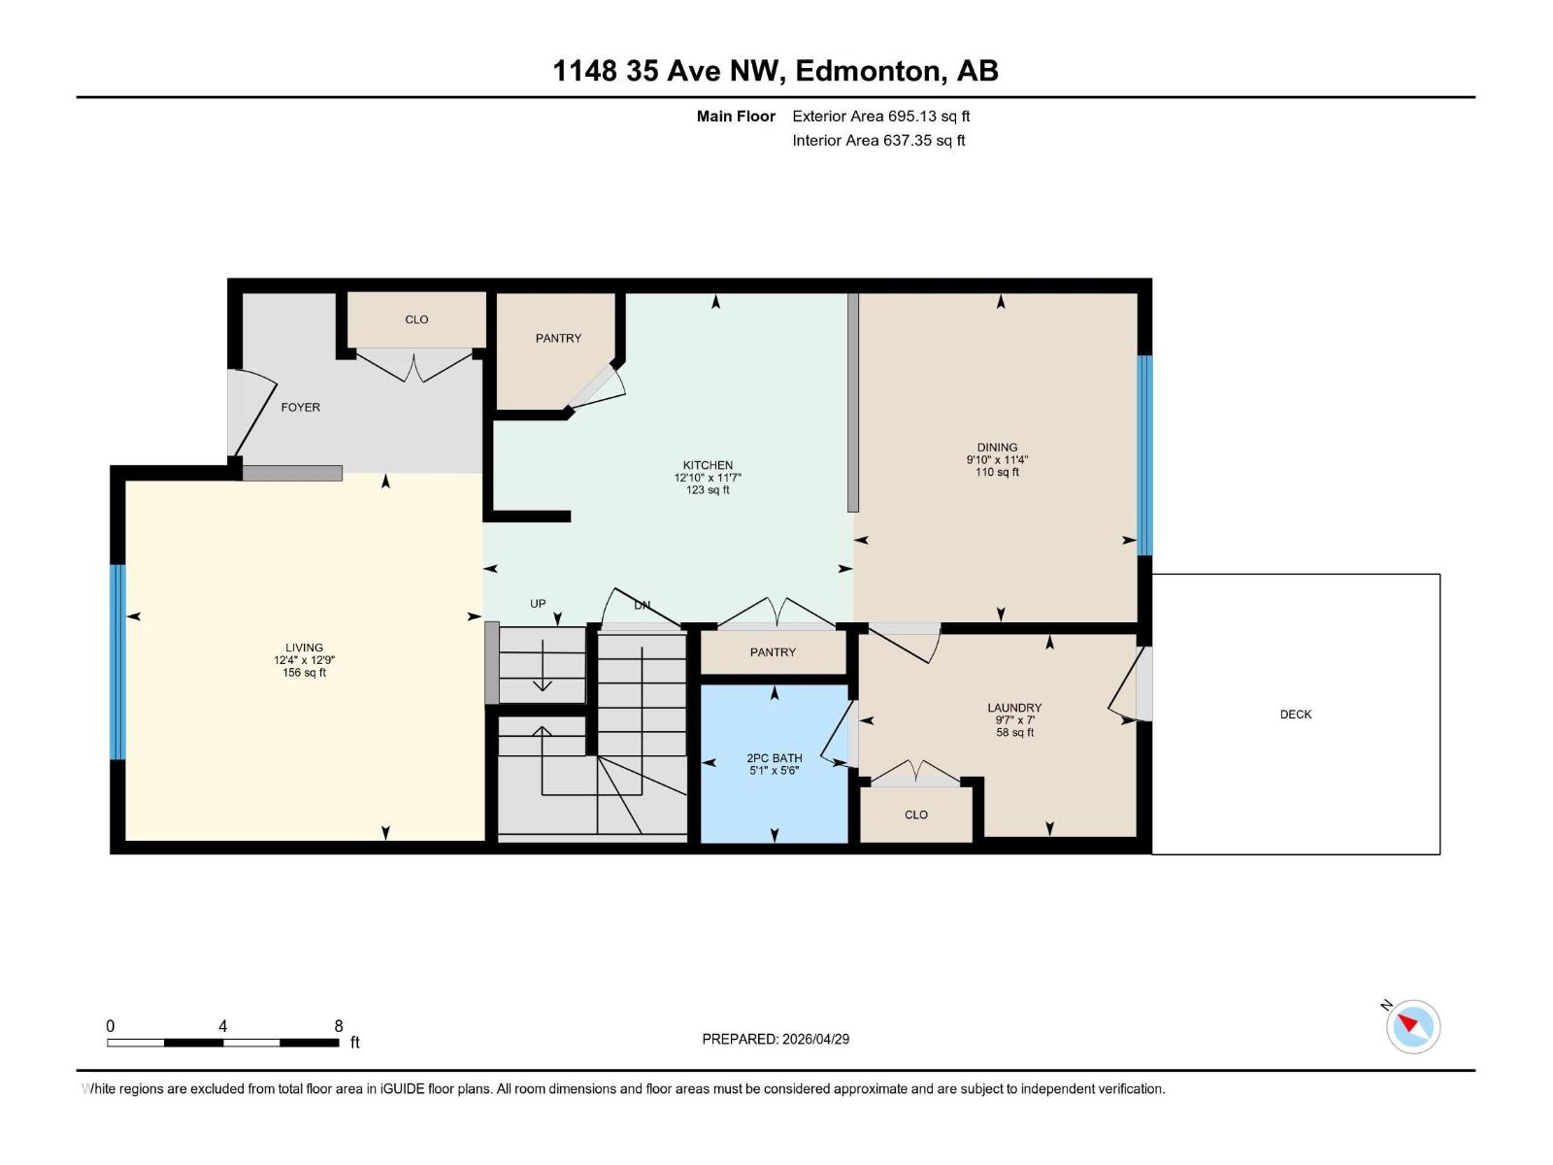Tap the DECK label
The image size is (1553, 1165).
(1295, 715)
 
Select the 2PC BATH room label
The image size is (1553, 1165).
(774, 758)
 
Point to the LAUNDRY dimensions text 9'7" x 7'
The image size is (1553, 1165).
(1014, 720)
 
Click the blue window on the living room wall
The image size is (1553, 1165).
(117, 661)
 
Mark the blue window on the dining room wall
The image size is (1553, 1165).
(1144, 454)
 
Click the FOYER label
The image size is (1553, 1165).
(300, 408)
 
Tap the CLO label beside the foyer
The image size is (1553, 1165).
(416, 319)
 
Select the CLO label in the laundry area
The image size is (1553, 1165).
(915, 815)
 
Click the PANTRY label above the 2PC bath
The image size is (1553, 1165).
(773, 652)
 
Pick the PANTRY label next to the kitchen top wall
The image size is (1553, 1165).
(558, 338)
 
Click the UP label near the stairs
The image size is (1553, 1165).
(538, 604)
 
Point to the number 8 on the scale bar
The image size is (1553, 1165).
(339, 1026)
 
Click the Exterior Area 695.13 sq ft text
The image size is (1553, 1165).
(880, 116)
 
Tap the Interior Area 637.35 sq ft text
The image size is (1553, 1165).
(878, 141)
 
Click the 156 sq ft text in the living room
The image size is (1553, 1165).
(304, 673)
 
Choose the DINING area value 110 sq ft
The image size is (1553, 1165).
(997, 473)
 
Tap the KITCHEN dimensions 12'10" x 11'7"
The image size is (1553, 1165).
(708, 478)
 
